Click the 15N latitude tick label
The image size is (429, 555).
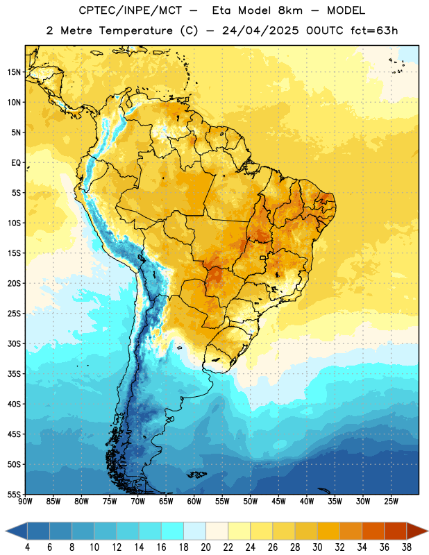click(x=14, y=72)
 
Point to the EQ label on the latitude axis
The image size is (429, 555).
click(x=16, y=163)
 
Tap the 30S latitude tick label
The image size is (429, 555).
click(x=14, y=343)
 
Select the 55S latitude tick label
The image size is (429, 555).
click(x=14, y=495)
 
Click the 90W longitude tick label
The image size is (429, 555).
click(x=25, y=502)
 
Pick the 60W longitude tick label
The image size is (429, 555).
click(x=194, y=502)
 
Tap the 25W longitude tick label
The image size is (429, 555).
click(x=391, y=502)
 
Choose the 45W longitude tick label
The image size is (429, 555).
click(x=278, y=502)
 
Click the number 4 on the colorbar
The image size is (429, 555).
click(x=27, y=547)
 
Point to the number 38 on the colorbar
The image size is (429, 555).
click(x=407, y=547)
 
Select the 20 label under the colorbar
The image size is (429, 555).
click(x=205, y=547)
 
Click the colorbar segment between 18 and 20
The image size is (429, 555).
click(x=194, y=531)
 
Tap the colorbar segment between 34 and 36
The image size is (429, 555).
click(x=373, y=531)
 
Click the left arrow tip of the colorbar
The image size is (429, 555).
click(x=6, y=531)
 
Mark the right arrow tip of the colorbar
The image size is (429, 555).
click(x=428, y=531)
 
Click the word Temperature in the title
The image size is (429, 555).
click(x=135, y=31)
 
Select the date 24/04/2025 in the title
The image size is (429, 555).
click(x=260, y=31)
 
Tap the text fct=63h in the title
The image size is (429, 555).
click(x=374, y=31)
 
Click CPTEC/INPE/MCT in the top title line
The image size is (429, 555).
click(x=131, y=10)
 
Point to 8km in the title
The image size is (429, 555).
click(x=290, y=10)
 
